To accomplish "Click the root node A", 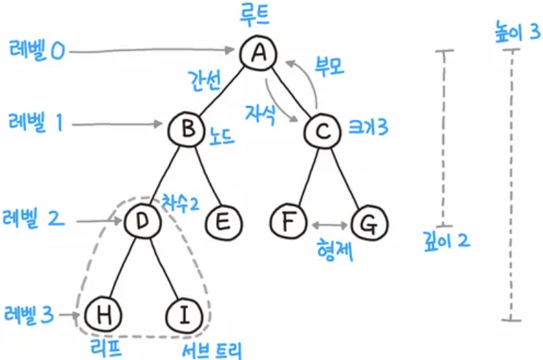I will (x=258, y=53).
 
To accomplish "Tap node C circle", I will (x=323, y=128).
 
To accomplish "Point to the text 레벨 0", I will (x=37, y=50).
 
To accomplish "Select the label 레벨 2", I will (x=37, y=220).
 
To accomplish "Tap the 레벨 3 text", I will (x=29, y=315).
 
